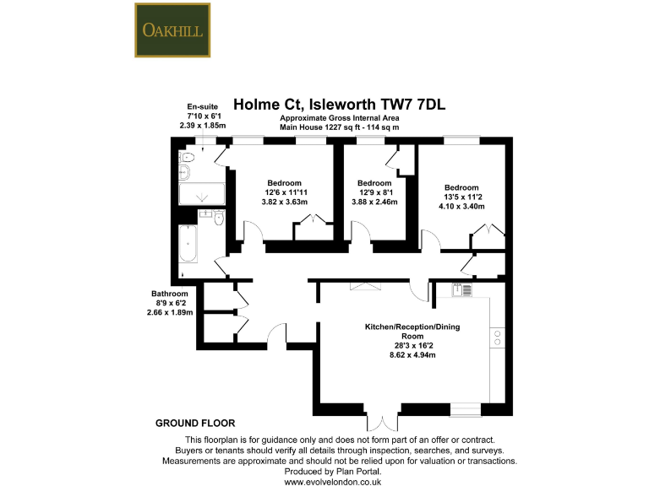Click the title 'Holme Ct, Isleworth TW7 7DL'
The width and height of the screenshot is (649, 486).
(339, 105)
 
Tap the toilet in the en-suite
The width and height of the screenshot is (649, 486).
(188, 158)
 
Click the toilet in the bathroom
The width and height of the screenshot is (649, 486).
(219, 219)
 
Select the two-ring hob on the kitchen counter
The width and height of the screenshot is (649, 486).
(498, 339)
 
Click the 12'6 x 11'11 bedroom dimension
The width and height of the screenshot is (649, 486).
(284, 193)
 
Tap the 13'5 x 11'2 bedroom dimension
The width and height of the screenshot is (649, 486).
(461, 197)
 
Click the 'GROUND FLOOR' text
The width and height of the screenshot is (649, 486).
(195, 423)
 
